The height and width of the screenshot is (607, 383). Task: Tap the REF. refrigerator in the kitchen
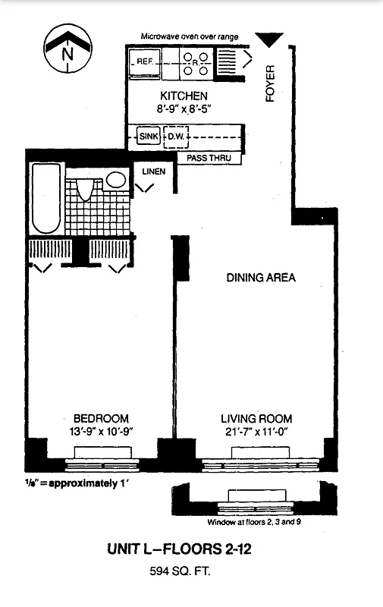144,64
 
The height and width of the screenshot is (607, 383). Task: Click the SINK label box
147,137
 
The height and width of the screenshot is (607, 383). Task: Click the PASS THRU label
209,159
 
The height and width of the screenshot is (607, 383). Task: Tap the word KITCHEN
183,96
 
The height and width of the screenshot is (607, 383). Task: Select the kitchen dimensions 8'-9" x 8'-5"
184,109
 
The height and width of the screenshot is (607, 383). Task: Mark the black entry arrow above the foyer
268,39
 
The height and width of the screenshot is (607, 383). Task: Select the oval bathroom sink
116,180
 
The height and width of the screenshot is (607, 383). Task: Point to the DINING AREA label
261,278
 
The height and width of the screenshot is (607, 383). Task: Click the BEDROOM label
101,418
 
